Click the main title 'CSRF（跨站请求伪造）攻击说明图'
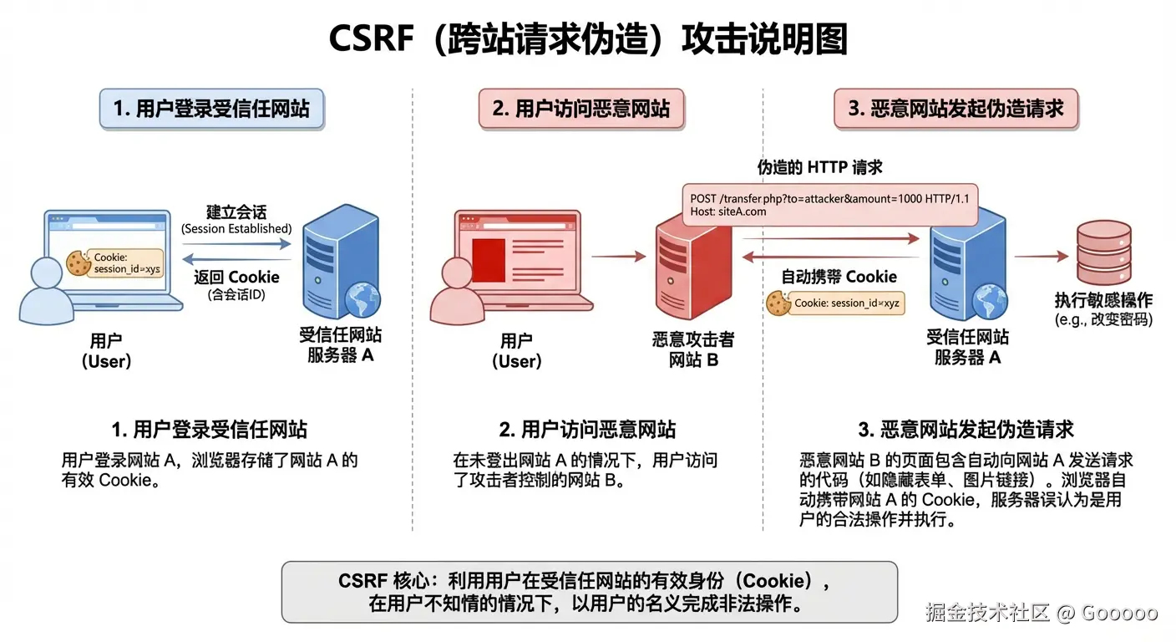tap(588, 38)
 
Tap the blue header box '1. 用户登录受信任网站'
tap(211, 109)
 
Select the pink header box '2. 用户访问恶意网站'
tap(580, 109)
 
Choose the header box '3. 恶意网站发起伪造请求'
tap(955, 109)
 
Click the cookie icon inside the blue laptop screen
tap(78, 262)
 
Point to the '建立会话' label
tap(236, 211)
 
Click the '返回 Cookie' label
tap(236, 277)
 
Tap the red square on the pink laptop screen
tap(489, 254)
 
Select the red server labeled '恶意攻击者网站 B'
tap(692, 275)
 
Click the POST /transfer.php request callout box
tap(830, 205)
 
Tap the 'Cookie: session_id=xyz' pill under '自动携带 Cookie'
tap(837, 303)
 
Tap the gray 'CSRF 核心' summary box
tap(589, 592)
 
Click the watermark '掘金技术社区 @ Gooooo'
tap(1041, 613)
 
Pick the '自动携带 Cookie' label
tap(838, 277)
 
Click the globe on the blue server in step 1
tap(365, 300)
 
